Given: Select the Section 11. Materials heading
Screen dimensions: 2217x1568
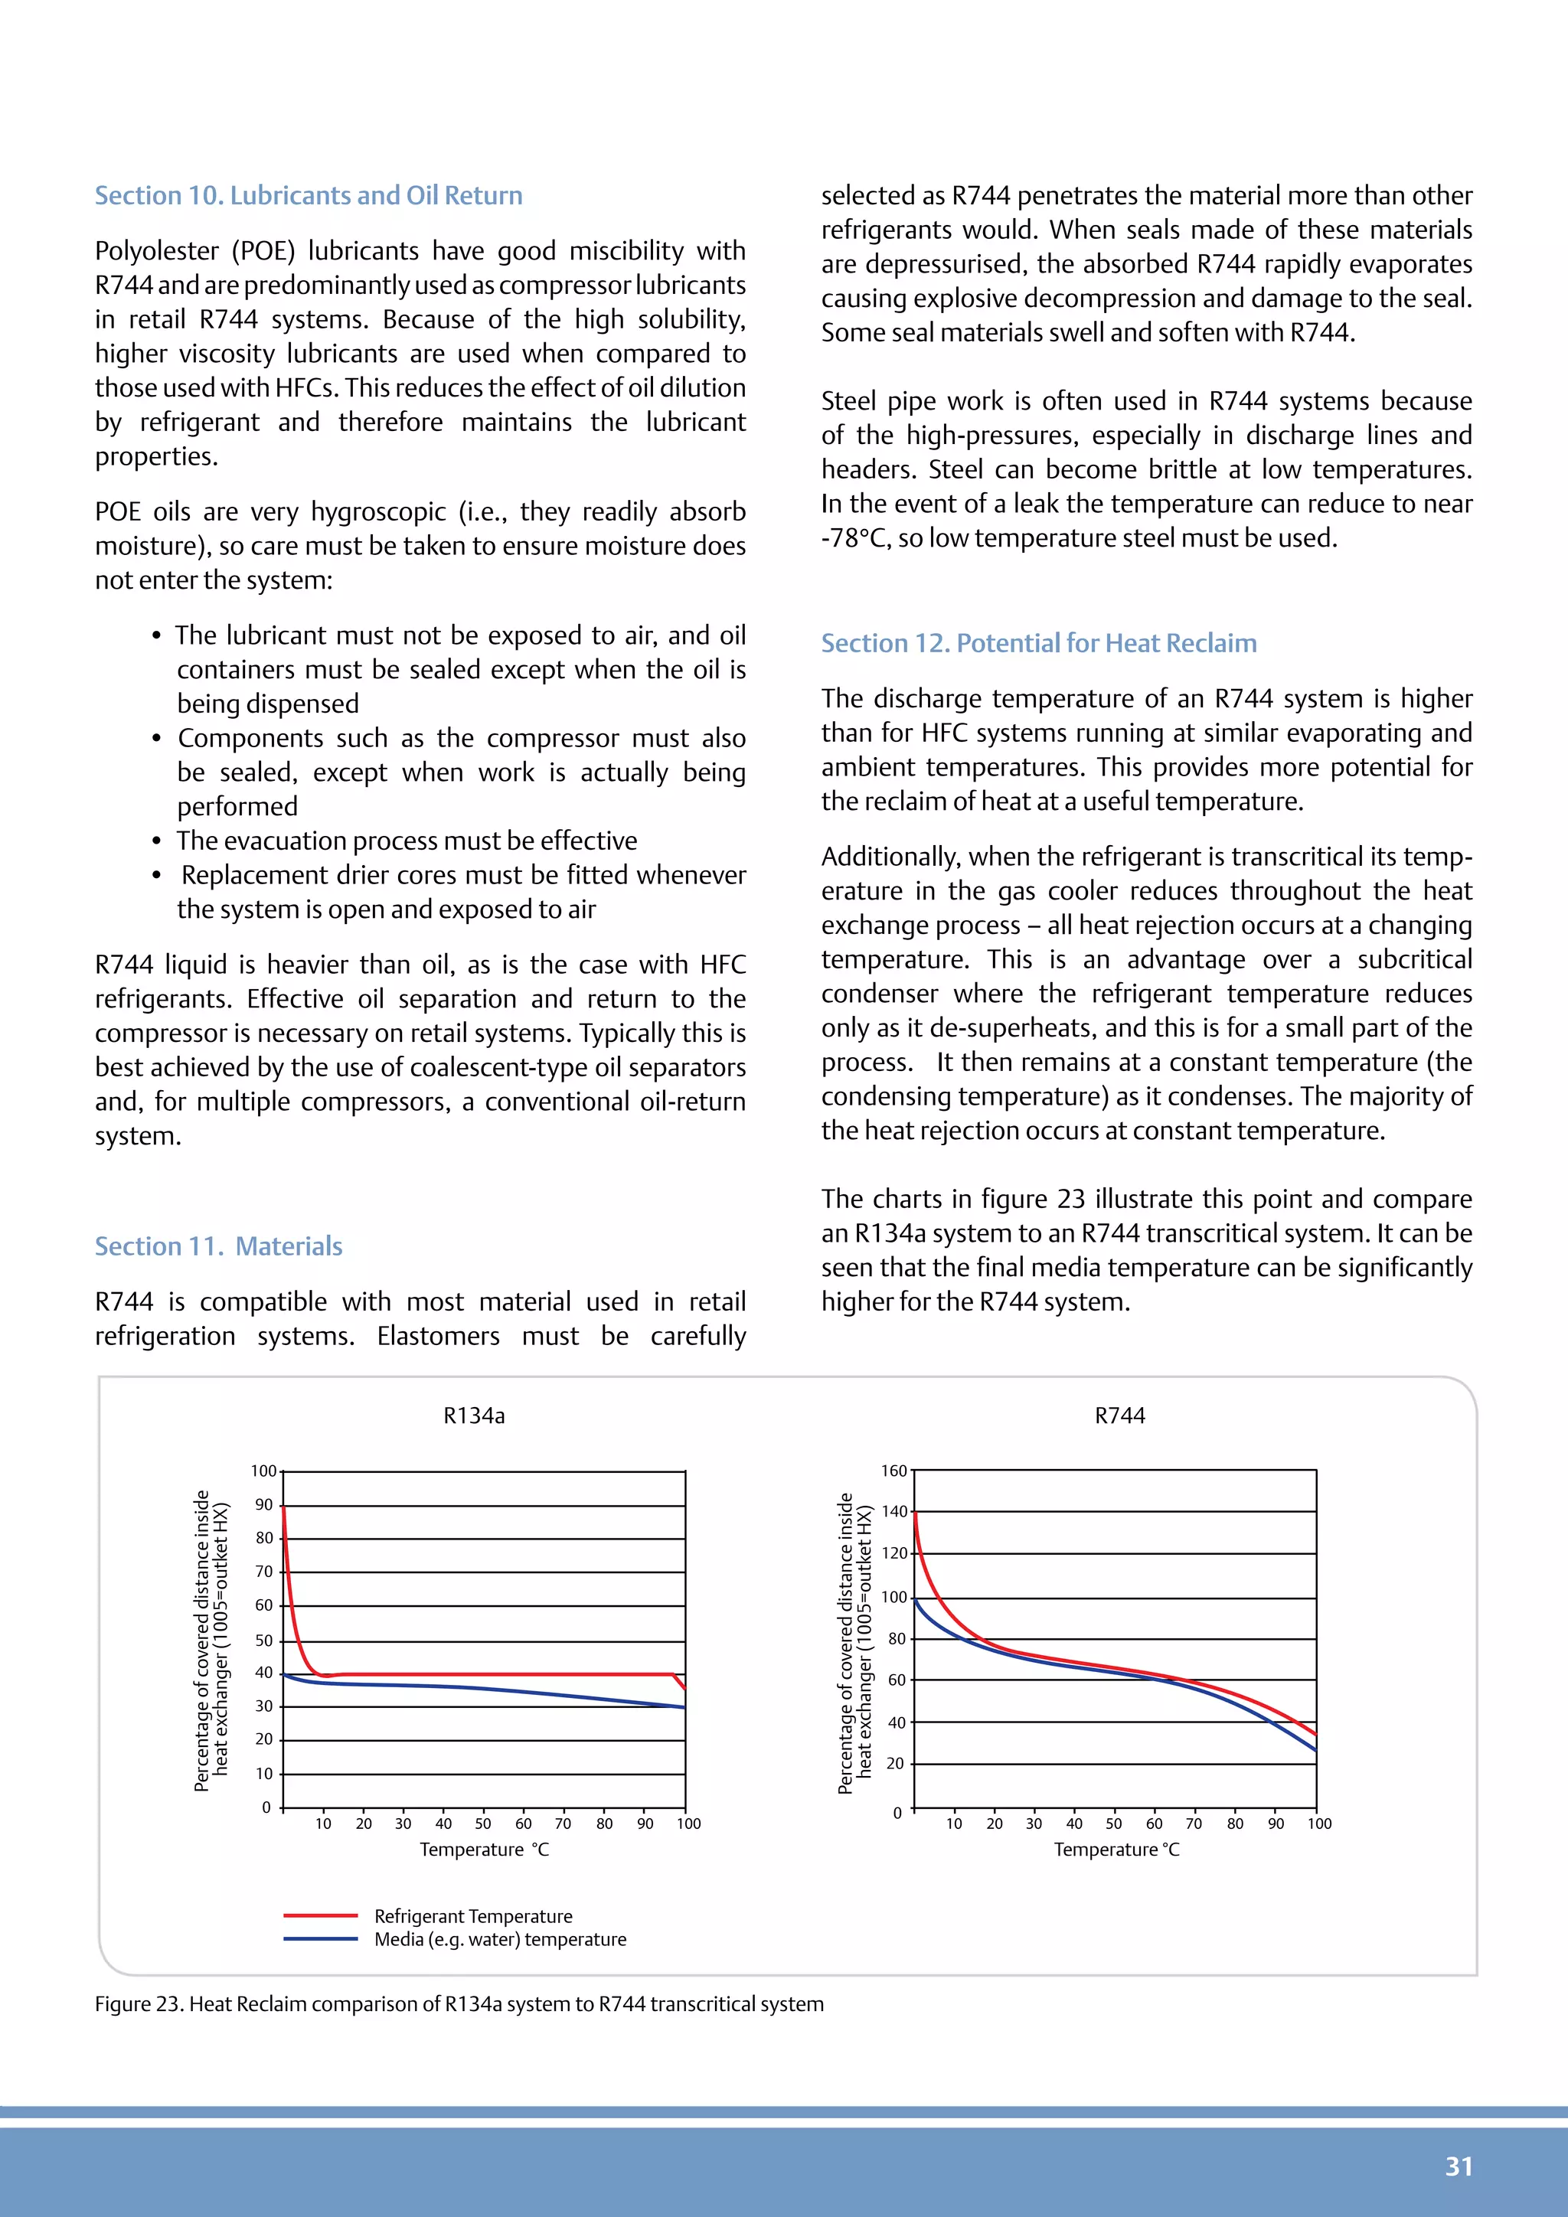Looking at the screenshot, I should coord(218,1246).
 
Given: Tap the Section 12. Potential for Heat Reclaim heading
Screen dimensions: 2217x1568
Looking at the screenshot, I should coord(1038,643).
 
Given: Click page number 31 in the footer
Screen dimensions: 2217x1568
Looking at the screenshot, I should coord(1458,2166).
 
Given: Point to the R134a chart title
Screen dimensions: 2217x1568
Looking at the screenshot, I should coord(474,1415).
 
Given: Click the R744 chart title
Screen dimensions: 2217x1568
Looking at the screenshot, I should coord(1119,1415).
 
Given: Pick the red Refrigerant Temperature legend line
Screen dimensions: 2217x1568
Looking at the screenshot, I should coord(321,1915).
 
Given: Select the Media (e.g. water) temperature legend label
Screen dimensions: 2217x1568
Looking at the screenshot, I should coord(499,1939).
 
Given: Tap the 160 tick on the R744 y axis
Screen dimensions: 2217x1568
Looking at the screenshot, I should coord(893,1471).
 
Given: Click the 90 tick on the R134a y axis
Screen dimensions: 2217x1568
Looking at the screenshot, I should coord(263,1504).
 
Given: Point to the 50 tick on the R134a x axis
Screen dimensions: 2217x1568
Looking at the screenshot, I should coord(483,1823).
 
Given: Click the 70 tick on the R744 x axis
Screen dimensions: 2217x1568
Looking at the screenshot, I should coord(1194,1823).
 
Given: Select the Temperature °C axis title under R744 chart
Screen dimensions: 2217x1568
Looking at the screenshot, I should coord(1116,1849).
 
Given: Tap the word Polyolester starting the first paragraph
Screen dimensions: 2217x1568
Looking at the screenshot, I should coord(159,251).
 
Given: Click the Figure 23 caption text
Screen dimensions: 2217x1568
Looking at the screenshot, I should coord(459,2003).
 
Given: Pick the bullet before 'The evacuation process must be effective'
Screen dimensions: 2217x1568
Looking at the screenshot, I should coord(156,841).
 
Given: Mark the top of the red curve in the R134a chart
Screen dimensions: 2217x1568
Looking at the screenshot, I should coord(284,1507).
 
